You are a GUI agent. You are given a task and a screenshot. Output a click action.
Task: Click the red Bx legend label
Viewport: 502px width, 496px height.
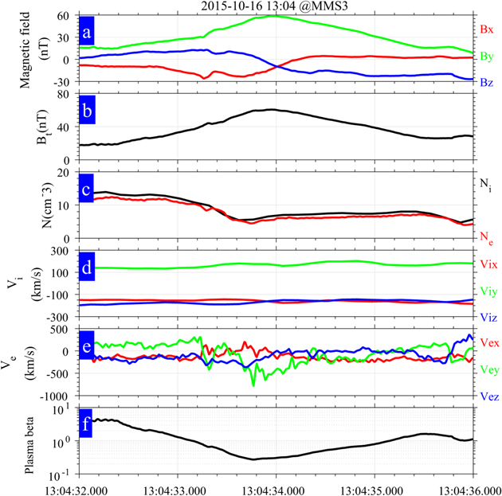[x=487, y=29]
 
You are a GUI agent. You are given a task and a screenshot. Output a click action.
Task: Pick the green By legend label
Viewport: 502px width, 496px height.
[x=487, y=56]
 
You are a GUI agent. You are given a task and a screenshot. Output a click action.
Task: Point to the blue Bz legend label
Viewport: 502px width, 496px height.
[x=487, y=82]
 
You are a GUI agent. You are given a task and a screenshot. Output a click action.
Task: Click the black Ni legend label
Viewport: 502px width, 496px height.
[x=486, y=183]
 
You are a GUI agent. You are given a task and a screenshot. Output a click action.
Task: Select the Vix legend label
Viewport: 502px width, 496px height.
[x=488, y=263]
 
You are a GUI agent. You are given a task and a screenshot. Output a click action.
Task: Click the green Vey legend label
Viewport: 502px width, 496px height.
[x=488, y=369]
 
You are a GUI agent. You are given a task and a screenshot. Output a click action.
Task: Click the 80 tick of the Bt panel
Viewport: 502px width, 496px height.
[x=65, y=94]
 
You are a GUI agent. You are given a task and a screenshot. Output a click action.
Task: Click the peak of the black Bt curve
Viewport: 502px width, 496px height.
[x=271, y=110]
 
